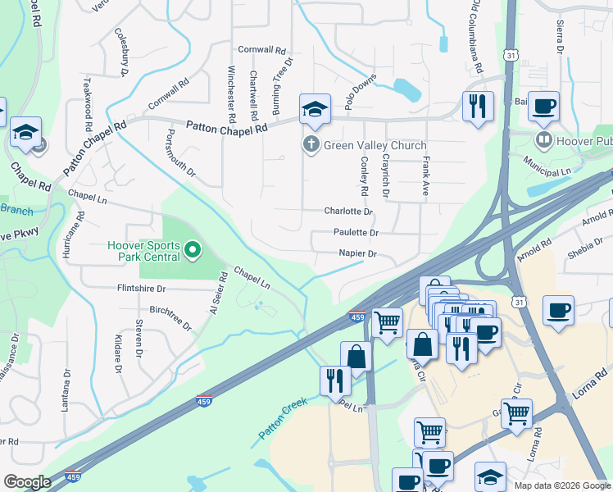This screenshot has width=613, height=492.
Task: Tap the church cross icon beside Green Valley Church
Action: tap(311, 145)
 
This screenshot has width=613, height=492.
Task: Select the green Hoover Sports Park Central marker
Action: tap(193, 248)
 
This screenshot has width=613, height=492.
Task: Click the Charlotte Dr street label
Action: tap(348, 212)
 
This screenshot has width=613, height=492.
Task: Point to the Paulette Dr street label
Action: tap(356, 233)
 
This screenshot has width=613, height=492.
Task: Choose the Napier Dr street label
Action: tap(358, 254)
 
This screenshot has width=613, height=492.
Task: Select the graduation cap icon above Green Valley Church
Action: tap(315, 110)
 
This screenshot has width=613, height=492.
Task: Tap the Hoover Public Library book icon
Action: tap(543, 140)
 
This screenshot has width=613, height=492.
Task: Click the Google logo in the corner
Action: tap(27, 482)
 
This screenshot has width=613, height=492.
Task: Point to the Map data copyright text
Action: tap(561, 485)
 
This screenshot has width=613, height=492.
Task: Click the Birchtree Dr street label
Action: tap(171, 315)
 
